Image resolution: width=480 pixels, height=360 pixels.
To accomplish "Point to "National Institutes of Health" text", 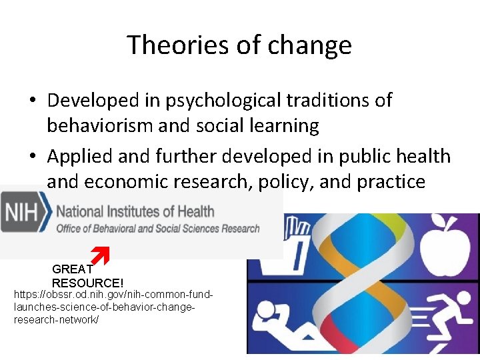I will (x=135, y=212).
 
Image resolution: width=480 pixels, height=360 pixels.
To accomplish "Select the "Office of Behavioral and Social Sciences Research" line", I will (x=158, y=229).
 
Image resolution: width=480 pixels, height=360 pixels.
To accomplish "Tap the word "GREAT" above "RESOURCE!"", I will (x=72, y=269).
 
